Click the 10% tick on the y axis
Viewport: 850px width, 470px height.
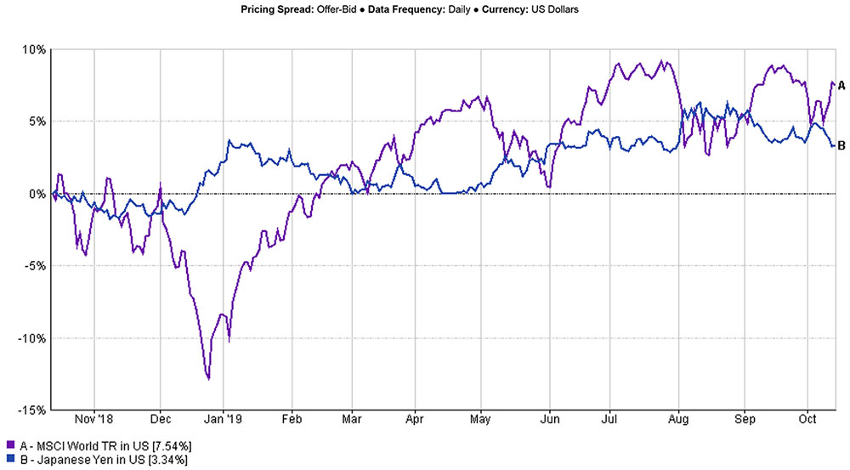pos(34,49)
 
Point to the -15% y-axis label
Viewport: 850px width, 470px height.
pos(31,411)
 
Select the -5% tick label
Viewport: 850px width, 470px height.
pos(35,266)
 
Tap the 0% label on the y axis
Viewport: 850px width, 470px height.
pos(37,194)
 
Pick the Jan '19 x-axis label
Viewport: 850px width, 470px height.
pos(224,420)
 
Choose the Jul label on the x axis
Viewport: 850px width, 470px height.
pos(609,420)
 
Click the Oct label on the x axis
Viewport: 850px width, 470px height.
pos(808,420)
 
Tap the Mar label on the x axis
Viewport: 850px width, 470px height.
pos(353,420)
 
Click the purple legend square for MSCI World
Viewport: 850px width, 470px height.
pos(9,445)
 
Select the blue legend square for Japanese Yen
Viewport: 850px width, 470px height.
pos(9,459)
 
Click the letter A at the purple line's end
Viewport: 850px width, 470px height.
pos(841,85)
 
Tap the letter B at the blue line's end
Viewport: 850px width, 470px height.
pos(841,145)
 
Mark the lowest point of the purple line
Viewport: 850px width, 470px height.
pos(208,378)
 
